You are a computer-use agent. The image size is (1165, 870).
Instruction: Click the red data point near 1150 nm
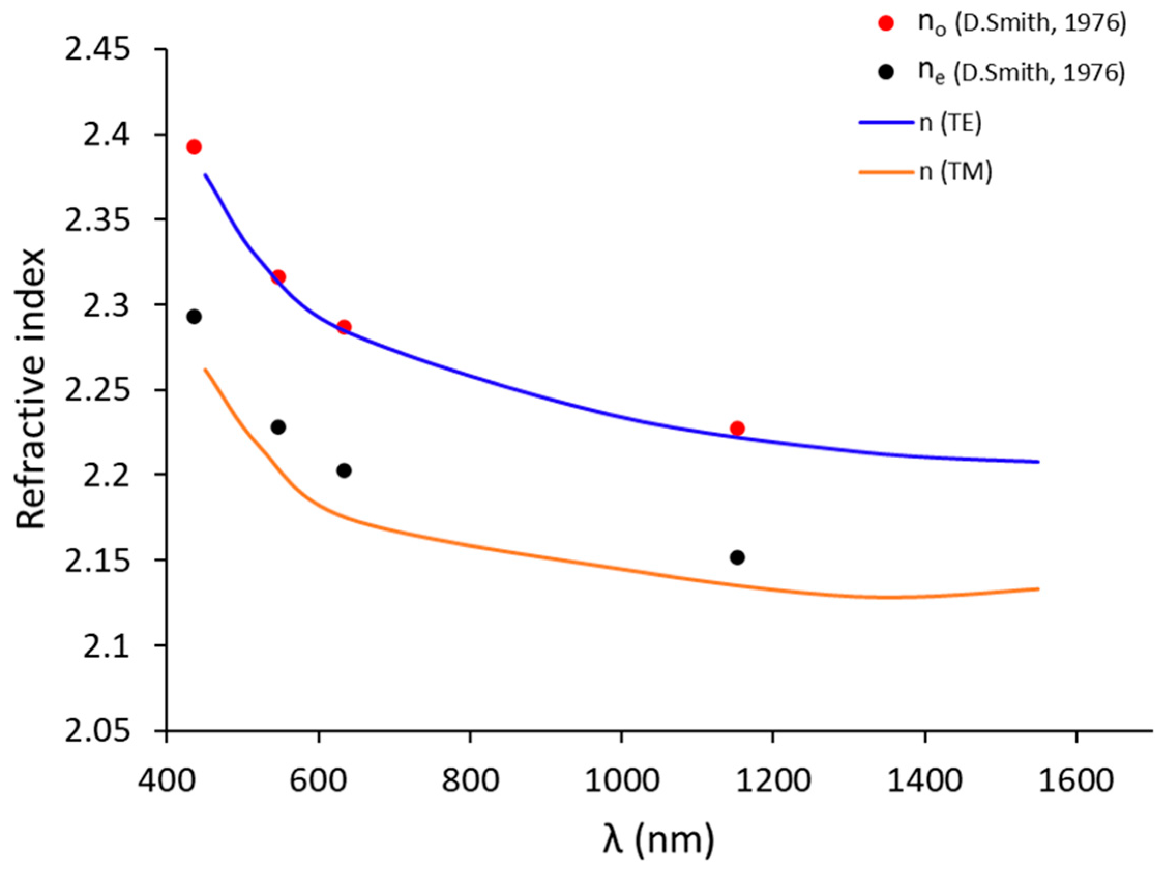coord(738,428)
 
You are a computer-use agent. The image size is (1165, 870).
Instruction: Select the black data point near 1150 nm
coord(738,557)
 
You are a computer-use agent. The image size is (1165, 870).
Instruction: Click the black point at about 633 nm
coord(344,470)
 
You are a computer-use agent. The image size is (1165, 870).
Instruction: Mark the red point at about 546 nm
coord(278,277)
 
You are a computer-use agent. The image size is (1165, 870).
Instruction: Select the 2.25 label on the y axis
coord(97,390)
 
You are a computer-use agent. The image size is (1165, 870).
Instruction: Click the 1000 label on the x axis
coord(622,780)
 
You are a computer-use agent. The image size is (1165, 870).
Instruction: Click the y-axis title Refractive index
coord(31,390)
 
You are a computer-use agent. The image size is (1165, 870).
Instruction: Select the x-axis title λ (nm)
coord(658,839)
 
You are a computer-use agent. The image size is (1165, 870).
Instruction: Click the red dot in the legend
coord(887,23)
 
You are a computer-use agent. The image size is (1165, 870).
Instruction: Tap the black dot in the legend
coord(887,72)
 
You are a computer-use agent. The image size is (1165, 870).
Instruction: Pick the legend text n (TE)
coord(951,123)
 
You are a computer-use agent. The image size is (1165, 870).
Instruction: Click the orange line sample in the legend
coord(886,172)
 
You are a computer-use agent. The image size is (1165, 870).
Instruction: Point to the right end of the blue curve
coord(1038,462)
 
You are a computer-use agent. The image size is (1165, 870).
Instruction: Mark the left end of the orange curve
coord(204,369)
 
